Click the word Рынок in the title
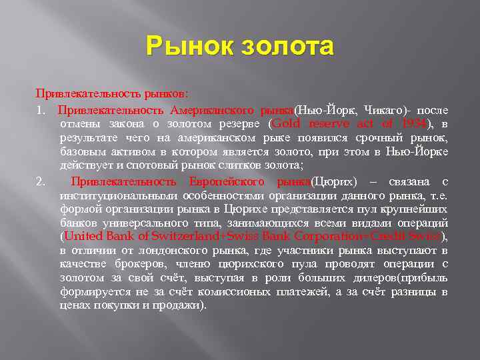(182, 47)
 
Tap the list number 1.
(41, 109)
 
